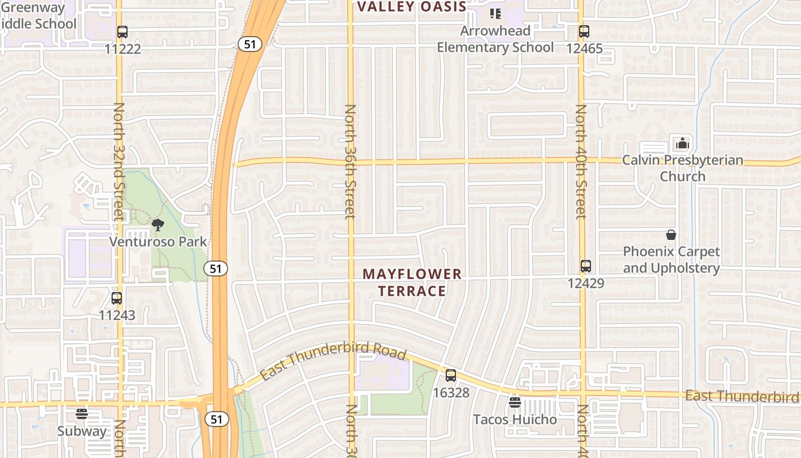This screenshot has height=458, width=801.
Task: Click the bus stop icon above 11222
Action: (122, 32)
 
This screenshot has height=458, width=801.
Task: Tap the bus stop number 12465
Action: (584, 48)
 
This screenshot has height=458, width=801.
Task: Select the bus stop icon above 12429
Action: (585, 266)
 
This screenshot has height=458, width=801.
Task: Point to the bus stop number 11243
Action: (117, 315)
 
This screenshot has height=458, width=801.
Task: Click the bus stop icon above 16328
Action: (451, 376)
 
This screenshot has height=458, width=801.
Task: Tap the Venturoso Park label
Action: (158, 242)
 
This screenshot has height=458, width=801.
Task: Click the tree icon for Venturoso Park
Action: (158, 225)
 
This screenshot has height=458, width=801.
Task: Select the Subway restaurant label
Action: (82, 431)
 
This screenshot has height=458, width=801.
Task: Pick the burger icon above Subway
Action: (82, 414)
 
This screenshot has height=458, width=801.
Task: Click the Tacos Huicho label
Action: (514, 420)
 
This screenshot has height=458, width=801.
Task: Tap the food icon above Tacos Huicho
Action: (514, 402)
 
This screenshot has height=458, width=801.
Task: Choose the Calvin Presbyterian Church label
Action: (683, 168)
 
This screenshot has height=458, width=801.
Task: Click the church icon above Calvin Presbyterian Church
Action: (682, 143)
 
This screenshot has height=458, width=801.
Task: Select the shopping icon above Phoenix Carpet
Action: (671, 235)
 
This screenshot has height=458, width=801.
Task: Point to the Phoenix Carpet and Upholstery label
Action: (671, 260)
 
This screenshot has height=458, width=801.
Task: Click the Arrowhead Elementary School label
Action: (495, 39)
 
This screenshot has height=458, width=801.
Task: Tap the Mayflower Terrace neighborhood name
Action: (412, 282)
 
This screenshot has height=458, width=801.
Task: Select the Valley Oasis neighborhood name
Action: (411, 7)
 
